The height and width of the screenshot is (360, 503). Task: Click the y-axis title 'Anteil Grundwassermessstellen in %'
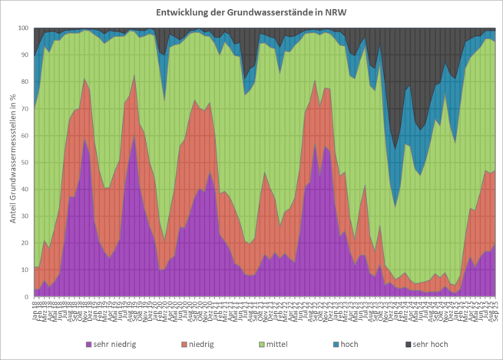12,161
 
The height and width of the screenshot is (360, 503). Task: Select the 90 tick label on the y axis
25,55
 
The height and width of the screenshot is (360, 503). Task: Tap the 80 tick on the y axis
25,82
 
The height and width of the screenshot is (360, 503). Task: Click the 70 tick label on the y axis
25,109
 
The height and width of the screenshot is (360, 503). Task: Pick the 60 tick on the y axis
25,136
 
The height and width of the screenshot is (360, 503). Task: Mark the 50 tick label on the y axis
25,163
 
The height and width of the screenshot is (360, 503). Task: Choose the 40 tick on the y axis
25,190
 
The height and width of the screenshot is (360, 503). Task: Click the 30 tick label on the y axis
25,216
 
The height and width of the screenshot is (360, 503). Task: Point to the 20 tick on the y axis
25,243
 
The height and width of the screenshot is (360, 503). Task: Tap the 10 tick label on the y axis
25,270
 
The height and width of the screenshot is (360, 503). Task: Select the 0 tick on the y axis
27,297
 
